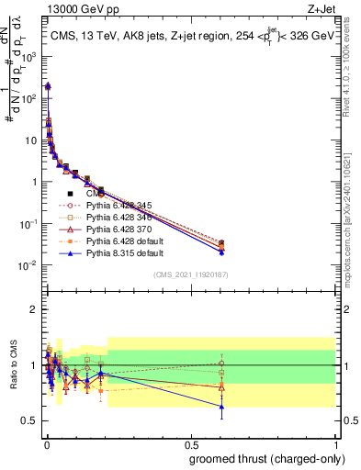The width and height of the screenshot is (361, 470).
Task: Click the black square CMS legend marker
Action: point(70,194)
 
